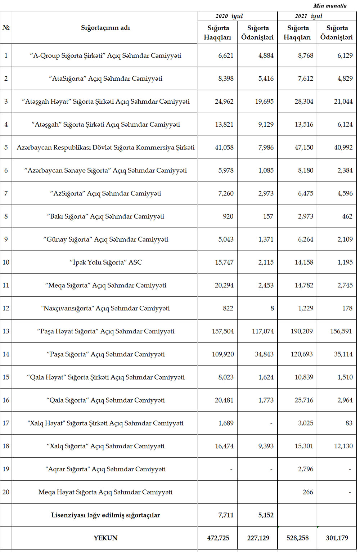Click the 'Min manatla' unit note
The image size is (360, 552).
coord(330,5)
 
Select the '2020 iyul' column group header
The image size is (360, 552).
coord(229,16)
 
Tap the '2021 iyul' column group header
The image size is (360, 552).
coord(309,16)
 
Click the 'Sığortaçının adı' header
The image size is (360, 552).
coord(105,28)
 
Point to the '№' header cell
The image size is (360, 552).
coord(6,28)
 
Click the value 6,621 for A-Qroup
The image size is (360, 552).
coord(226,55)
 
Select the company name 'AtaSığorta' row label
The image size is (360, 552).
coord(105,78)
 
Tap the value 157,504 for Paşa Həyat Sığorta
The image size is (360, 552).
coord(222,331)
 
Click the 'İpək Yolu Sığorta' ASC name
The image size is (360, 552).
coord(105,262)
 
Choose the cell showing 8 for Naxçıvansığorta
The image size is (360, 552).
coord(272,308)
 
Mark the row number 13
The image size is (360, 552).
coord(6,331)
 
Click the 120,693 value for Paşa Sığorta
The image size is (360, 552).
coord(302,354)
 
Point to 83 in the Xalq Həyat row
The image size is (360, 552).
coord(348,423)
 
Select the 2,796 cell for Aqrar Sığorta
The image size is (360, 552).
coord(305,469)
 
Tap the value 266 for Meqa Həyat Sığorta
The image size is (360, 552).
coord(307,492)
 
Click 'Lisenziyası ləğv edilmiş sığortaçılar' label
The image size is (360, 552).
coord(105,515)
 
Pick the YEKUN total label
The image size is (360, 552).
coord(105,538)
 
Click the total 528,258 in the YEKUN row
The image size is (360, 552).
coord(297,538)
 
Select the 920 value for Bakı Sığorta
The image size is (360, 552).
coord(228,216)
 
